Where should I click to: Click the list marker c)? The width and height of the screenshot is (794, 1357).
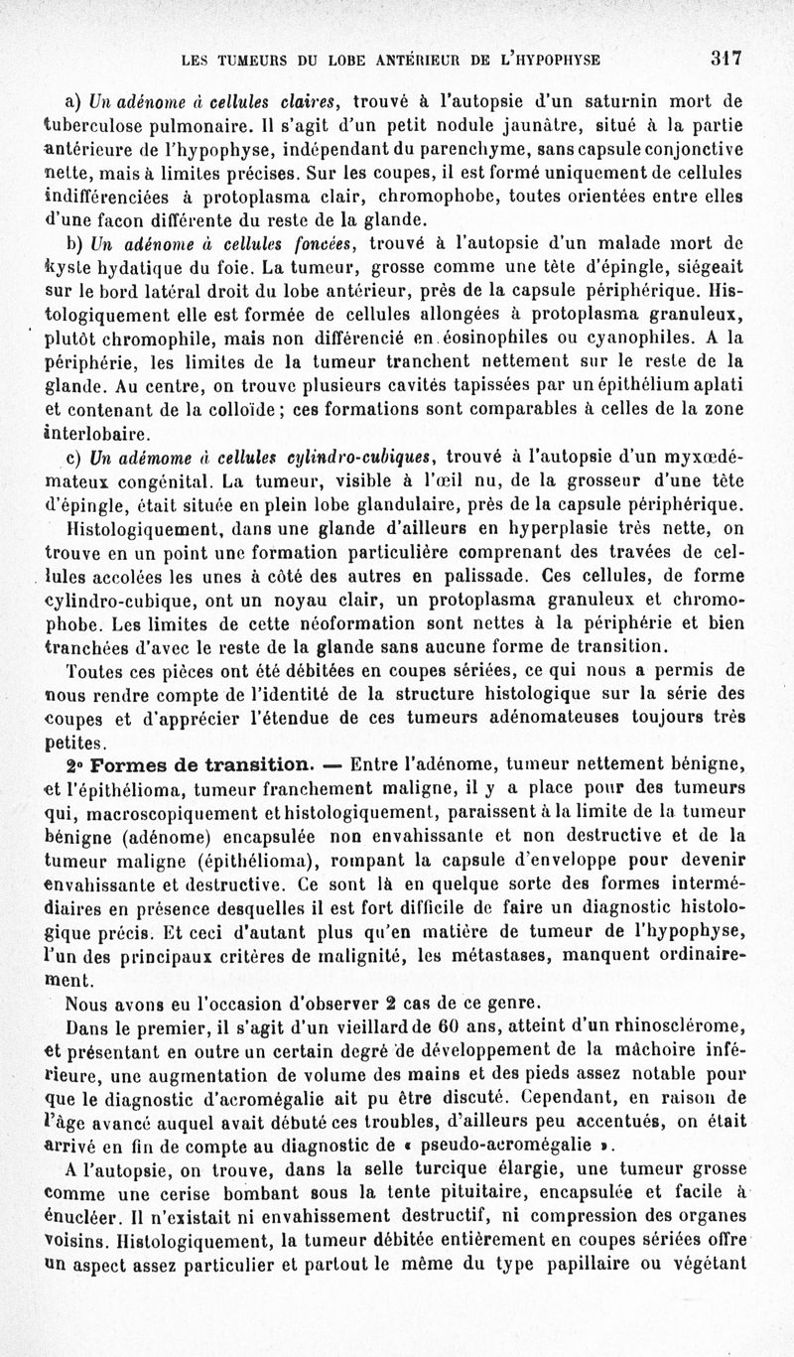coord(72,456)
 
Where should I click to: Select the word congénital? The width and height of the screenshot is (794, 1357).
coord(167,479)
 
